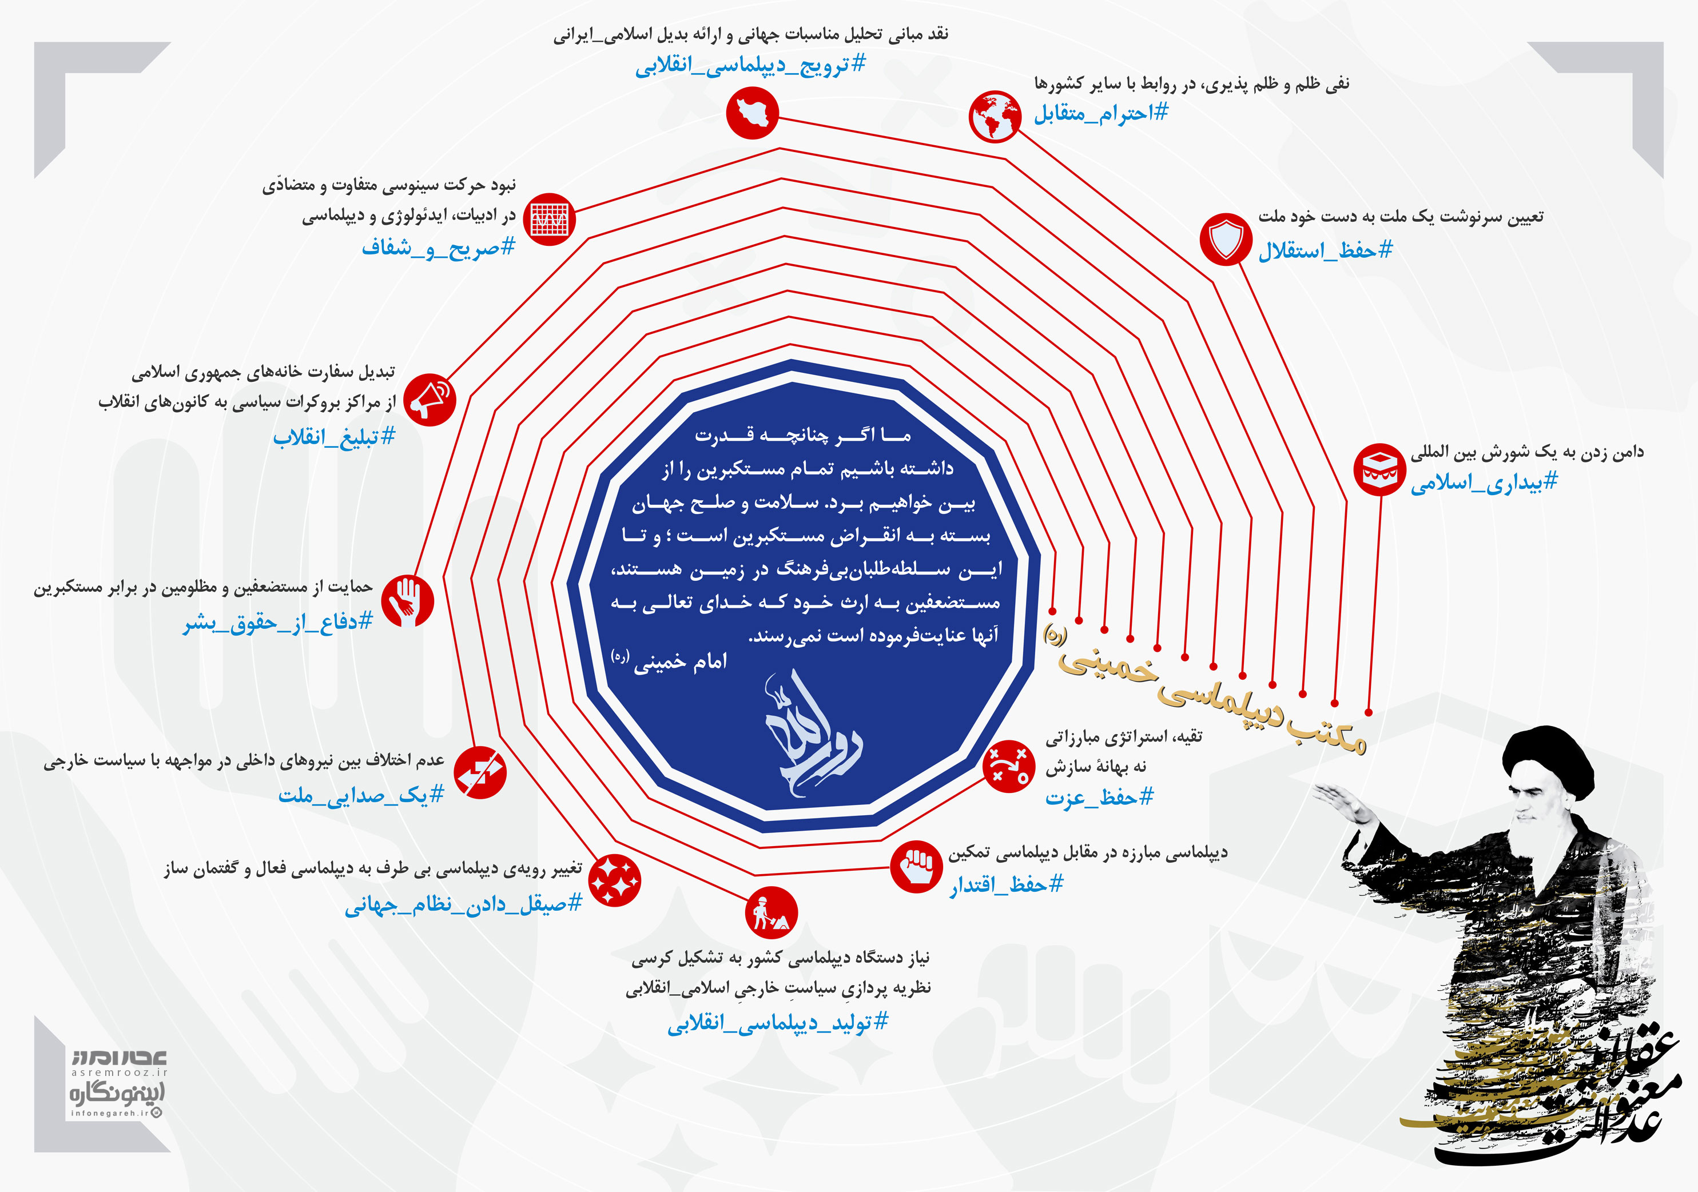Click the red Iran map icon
pos(752,113)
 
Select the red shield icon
pos(1226,238)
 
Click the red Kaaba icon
pos(1379,469)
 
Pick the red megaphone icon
pos(430,400)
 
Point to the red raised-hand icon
pos(408,600)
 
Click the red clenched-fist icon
pos(916,867)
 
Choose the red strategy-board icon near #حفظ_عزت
pos(1009,767)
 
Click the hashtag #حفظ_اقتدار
pos(1007,884)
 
